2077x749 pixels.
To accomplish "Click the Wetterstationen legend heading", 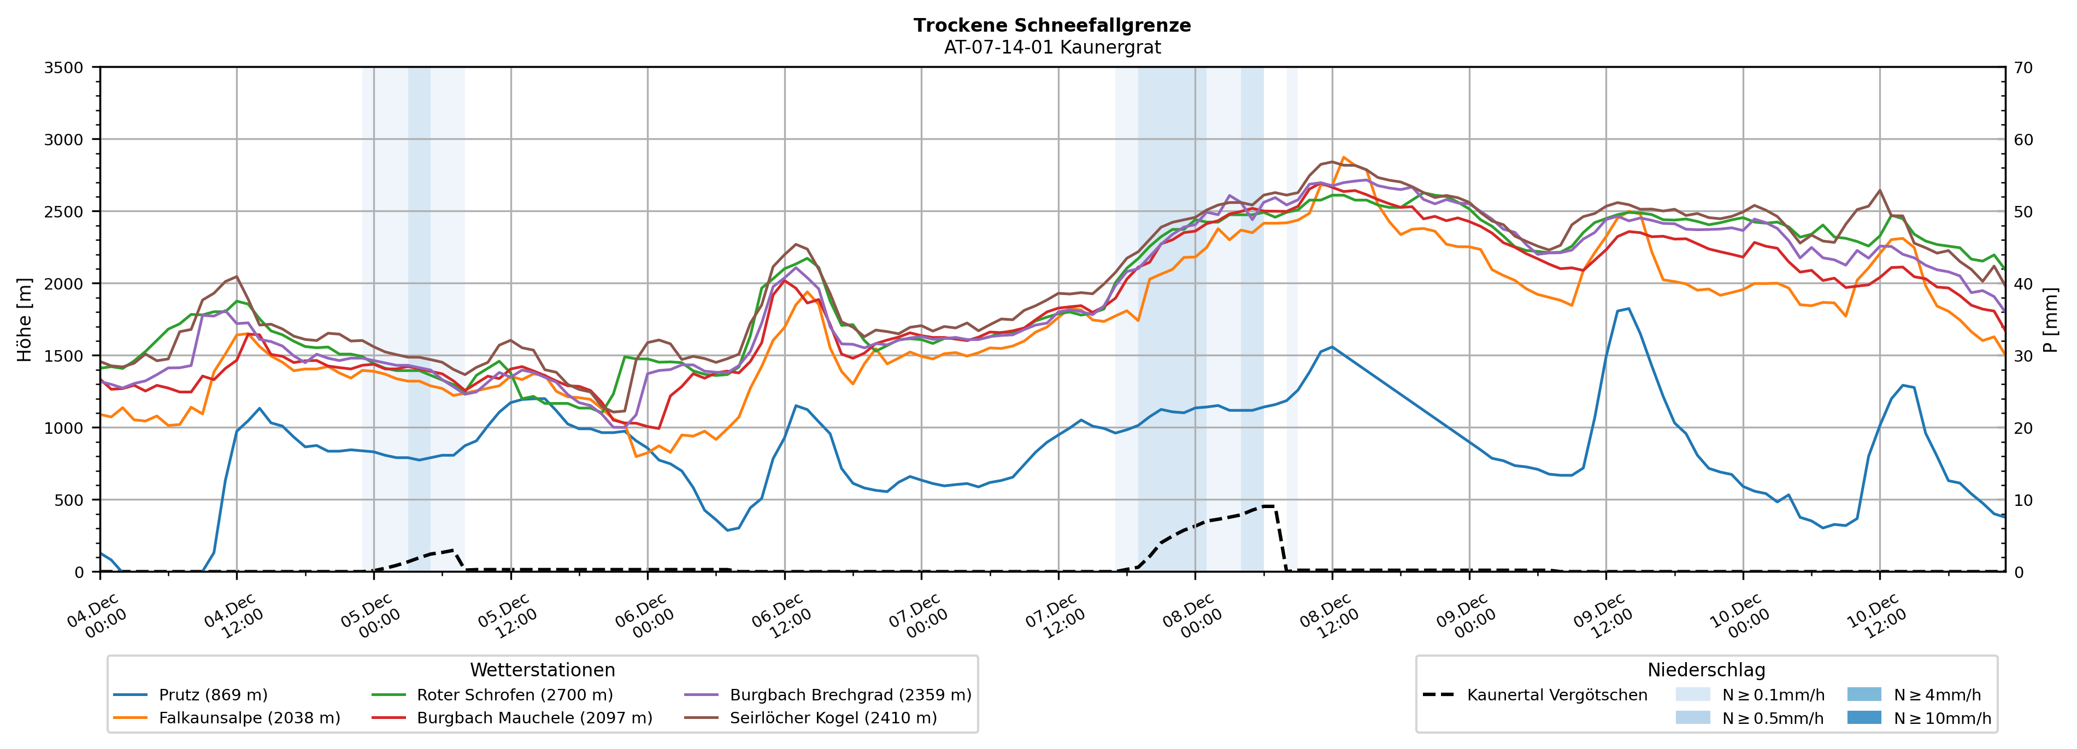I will tap(542, 670).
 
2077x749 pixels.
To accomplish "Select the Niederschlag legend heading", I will tap(1706, 670).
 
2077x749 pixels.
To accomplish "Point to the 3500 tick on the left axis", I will tap(64, 68).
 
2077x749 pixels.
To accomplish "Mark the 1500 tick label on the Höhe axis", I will tap(64, 356).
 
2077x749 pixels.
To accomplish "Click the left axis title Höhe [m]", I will tap(24, 319).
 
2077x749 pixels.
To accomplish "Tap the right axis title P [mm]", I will tap(2050, 319).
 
